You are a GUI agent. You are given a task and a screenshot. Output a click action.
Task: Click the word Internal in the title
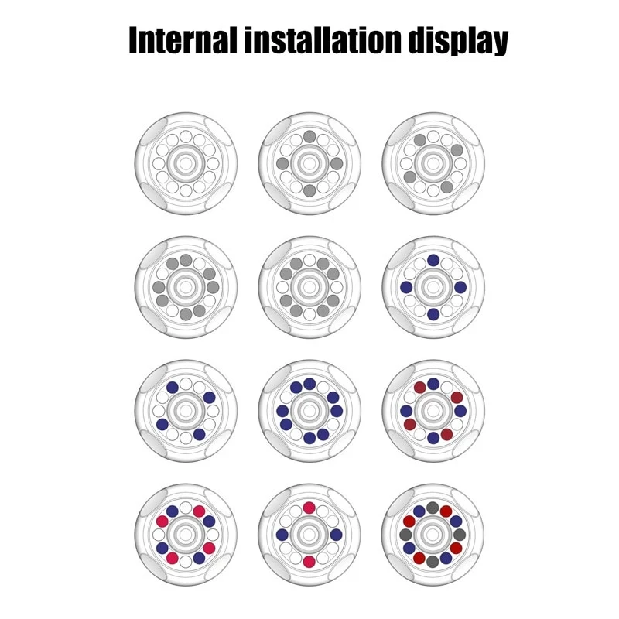[183, 40]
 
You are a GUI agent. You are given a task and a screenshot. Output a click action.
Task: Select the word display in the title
[458, 42]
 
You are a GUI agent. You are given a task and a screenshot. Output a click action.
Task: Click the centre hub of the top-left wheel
[186, 163]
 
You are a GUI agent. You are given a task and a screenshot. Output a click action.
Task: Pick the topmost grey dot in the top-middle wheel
[309, 137]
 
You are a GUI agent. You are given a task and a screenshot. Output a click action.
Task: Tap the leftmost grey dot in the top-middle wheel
[282, 163]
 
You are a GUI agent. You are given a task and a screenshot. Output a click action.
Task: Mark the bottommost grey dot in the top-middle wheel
[309, 190]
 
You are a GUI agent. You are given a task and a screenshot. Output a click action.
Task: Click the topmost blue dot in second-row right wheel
[433, 260]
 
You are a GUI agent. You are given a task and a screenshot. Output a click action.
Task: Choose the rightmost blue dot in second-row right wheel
[460, 287]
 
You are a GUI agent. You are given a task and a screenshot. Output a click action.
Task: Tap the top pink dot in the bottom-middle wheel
[309, 508]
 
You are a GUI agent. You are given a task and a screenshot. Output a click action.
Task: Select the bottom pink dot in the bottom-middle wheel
[309, 562]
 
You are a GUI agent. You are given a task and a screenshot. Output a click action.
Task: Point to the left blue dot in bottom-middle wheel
[282, 535]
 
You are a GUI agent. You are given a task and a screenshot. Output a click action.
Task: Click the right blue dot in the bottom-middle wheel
[336, 535]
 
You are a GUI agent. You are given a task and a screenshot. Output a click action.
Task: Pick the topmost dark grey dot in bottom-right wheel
[433, 508]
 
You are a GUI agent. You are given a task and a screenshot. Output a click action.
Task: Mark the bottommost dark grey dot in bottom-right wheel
[433, 562]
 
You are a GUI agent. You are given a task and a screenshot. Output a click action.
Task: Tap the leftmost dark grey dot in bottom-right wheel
[405, 535]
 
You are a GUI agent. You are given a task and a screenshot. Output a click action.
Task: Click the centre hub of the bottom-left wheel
[186, 535]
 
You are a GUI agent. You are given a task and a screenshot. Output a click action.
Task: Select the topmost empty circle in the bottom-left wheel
[186, 508]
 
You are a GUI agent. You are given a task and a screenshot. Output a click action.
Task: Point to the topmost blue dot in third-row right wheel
[433, 384]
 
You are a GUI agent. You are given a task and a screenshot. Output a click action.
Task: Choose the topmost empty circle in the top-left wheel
[186, 137]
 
